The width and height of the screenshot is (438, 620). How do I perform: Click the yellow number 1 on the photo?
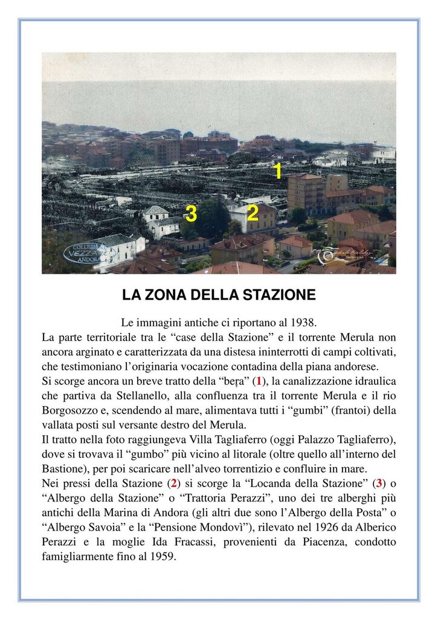[277, 171]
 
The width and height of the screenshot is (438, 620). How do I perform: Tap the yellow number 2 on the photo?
[253, 212]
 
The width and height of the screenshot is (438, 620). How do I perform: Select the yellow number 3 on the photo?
[191, 213]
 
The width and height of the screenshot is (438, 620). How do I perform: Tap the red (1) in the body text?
[259, 381]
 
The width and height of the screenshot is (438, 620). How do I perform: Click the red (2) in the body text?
[174, 483]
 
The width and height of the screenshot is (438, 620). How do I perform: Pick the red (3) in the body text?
[379, 483]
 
